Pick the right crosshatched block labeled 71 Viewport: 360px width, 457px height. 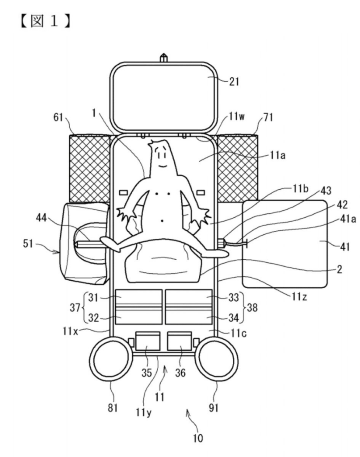(x=238, y=167)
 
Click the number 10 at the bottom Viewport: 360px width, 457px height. (x=198, y=439)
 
